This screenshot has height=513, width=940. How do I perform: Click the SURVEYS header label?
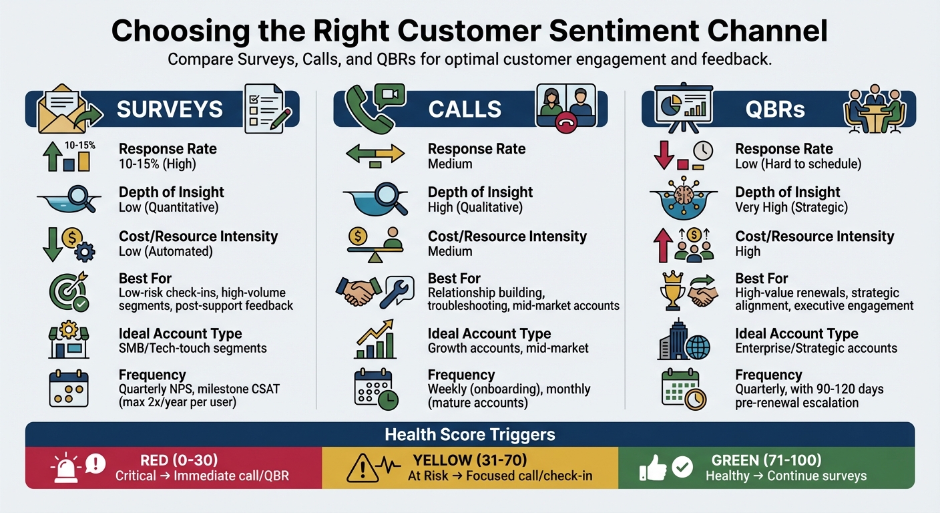(170, 109)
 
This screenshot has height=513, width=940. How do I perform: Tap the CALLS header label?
(465, 109)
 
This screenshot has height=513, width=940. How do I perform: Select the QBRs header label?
(776, 109)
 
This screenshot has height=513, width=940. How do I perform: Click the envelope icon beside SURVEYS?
(59, 109)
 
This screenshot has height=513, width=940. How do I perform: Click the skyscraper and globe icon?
(684, 342)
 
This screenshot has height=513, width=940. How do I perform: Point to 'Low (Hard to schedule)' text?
(798, 164)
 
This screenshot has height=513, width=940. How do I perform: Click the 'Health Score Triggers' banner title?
(470, 435)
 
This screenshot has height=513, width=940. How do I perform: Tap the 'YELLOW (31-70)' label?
(470, 460)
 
